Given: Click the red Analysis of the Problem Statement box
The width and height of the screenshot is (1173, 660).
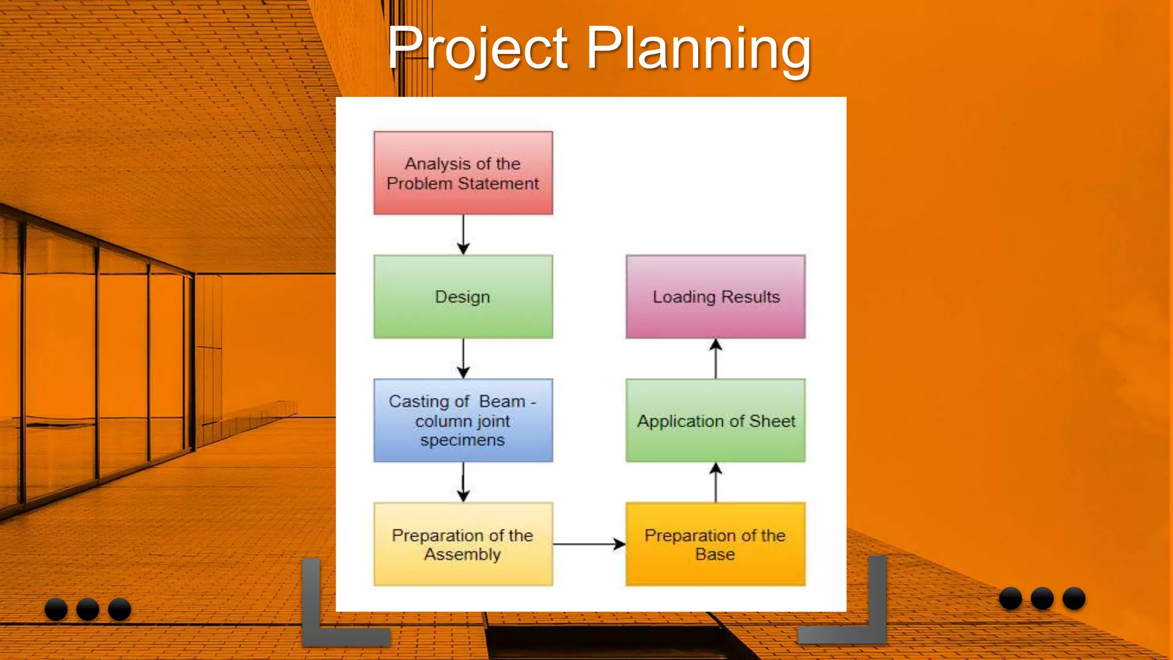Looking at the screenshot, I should (x=463, y=173).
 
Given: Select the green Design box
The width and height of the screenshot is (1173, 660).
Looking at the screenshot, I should (x=463, y=297).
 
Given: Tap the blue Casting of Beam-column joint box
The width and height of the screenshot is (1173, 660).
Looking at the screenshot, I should (x=463, y=421).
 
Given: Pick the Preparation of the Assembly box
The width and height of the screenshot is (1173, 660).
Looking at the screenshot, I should (x=463, y=544).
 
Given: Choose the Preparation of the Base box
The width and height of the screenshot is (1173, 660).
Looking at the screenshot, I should (x=715, y=544).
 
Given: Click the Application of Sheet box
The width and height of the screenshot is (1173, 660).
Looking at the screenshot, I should (x=715, y=421).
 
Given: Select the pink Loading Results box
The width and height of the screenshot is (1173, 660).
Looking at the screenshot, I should (x=715, y=297).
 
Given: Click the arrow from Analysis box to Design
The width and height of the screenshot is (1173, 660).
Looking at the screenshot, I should (x=463, y=235).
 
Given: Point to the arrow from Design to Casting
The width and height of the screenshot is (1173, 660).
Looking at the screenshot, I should (x=463, y=359).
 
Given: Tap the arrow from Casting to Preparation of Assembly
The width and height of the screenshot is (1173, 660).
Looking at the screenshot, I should (x=463, y=482).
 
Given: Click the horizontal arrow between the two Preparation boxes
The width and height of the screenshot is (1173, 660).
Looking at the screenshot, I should (x=589, y=544).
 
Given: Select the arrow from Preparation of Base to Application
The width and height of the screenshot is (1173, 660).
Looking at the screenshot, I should (x=715, y=482).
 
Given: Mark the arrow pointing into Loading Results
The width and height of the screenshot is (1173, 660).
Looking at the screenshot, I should (x=715, y=359).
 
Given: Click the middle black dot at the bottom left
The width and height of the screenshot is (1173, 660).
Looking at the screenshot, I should (x=88, y=609).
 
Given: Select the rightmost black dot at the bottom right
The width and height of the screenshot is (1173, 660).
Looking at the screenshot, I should (x=1074, y=599).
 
